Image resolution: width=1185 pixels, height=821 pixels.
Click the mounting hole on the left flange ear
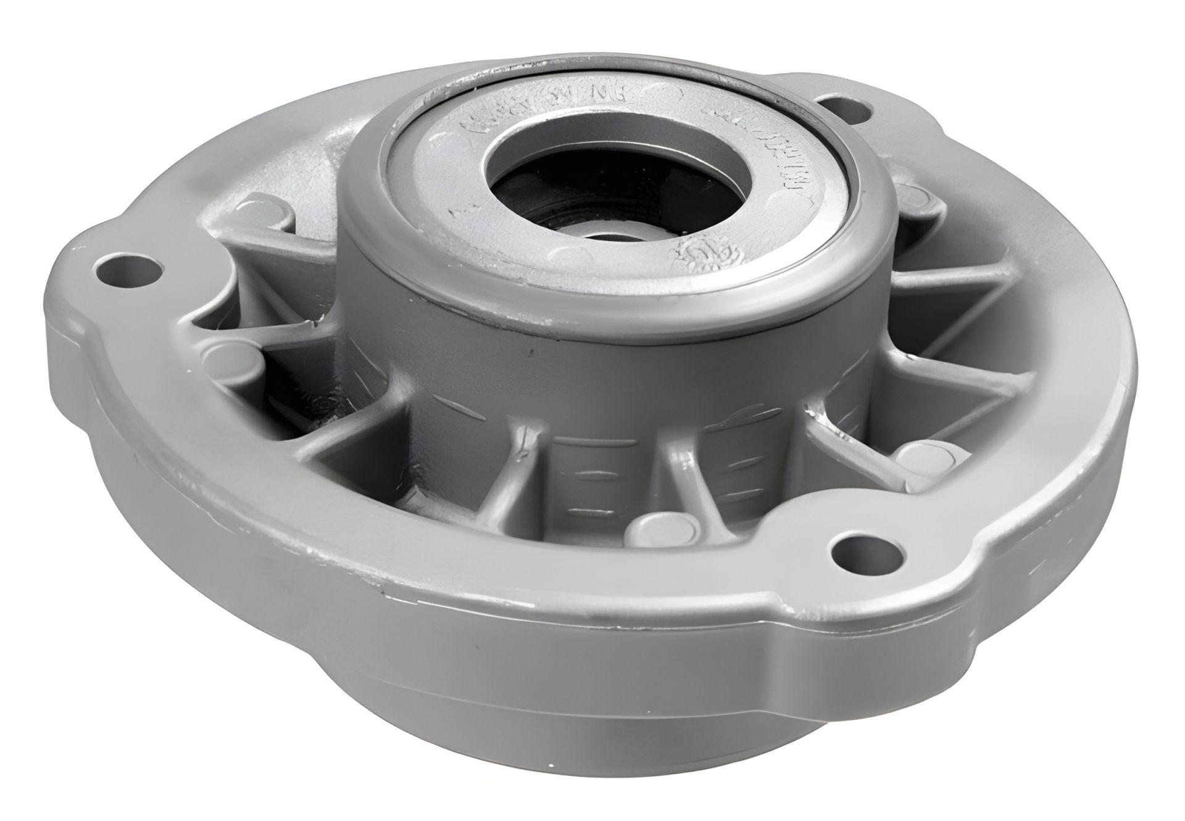(128, 266)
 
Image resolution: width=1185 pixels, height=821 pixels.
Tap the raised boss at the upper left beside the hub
(264, 208)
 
